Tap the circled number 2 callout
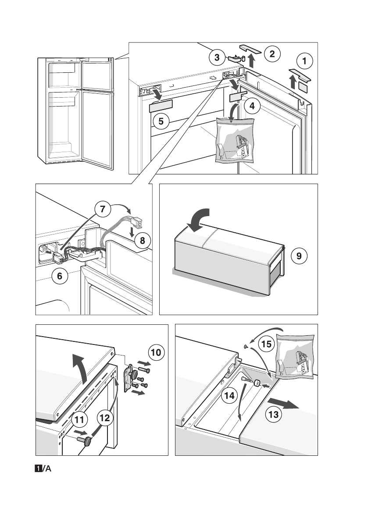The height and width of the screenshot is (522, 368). [272, 54]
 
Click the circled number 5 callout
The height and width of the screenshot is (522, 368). [161, 121]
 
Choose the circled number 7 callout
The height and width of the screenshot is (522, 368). [102, 210]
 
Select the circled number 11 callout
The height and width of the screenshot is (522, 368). [80, 419]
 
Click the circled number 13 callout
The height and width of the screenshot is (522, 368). [273, 414]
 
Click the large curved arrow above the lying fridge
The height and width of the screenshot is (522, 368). [198, 218]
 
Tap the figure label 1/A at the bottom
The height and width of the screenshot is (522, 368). [43, 469]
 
